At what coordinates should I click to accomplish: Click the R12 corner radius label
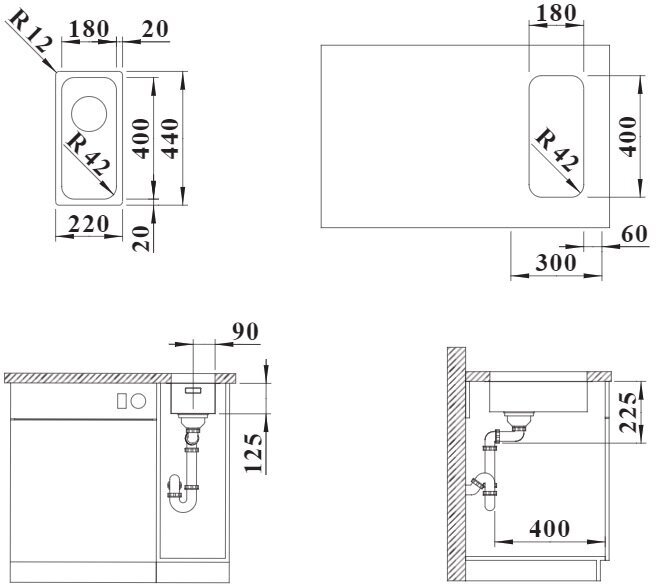pyautogui.click(x=30, y=31)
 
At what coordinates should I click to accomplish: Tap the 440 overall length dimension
pyautogui.click(x=171, y=138)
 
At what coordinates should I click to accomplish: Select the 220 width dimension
pyautogui.click(x=89, y=224)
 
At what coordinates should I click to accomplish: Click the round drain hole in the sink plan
pyautogui.click(x=89, y=114)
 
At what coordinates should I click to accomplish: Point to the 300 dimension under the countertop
pyautogui.click(x=556, y=263)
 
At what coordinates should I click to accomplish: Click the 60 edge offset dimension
pyautogui.click(x=635, y=234)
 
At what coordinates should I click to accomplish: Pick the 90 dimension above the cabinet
pyautogui.click(x=246, y=332)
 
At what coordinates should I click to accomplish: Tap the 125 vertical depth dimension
pyautogui.click(x=254, y=453)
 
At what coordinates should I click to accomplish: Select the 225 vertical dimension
pyautogui.click(x=629, y=412)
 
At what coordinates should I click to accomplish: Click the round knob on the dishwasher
pyautogui.click(x=138, y=402)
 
